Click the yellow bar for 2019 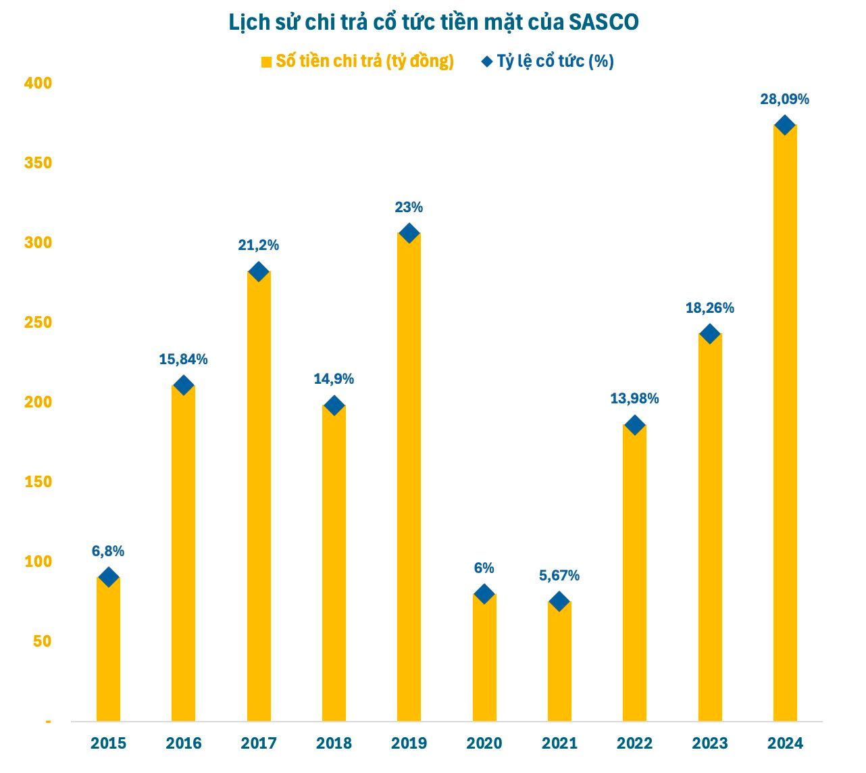[x=409, y=473]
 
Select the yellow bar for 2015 [x=108, y=649]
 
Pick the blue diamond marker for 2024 [x=784, y=125]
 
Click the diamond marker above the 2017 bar [x=259, y=272]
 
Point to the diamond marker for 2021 [x=559, y=601]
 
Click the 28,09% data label [x=784, y=99]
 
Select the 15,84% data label [x=183, y=359]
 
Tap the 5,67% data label [x=559, y=576]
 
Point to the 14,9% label [x=334, y=379]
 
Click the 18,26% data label [x=709, y=308]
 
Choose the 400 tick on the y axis [x=38, y=83]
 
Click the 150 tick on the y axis [x=38, y=482]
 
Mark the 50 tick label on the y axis [x=42, y=641]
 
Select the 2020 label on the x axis [x=484, y=743]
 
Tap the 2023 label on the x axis [x=709, y=743]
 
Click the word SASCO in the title [x=603, y=22]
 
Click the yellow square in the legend [x=266, y=62]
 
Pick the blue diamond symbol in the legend [x=486, y=61]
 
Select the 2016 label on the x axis [x=183, y=743]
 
